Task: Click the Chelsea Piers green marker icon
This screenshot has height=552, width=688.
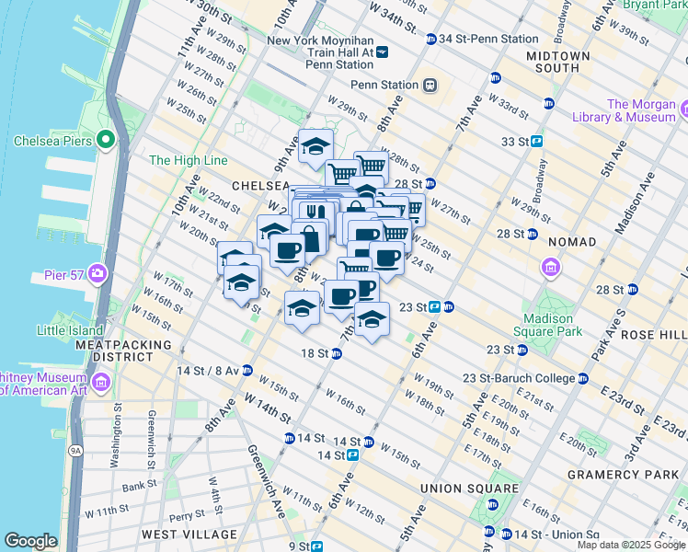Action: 106,141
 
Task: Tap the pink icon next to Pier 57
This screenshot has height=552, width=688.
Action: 98,274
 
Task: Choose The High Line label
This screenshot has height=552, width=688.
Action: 188,160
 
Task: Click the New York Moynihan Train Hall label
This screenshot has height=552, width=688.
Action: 320,47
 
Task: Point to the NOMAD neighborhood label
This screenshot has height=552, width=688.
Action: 572,240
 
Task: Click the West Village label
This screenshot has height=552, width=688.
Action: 189,535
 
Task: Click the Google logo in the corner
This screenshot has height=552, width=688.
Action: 30,541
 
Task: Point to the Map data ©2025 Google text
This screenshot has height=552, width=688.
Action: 630,545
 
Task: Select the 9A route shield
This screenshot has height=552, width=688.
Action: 76,451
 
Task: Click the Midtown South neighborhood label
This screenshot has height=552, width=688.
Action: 558,62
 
